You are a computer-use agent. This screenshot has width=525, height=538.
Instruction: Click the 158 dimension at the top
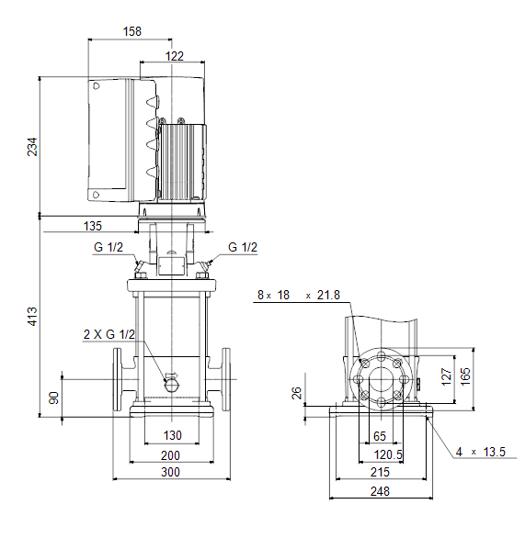pos(131,31)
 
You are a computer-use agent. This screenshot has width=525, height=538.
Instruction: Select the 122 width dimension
pos(174,56)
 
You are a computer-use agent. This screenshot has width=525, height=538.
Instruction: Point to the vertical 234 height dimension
pos(32,147)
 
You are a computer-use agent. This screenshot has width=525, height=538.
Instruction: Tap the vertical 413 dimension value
pos(32,317)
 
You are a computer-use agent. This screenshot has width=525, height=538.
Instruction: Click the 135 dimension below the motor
pos(93,226)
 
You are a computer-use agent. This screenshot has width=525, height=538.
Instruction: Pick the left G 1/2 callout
pos(108,247)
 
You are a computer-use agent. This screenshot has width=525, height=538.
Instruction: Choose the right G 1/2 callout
pos(243,247)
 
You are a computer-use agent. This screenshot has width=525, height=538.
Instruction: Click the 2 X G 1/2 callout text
pos(109,334)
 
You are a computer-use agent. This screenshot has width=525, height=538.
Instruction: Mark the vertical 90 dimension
pos(54,398)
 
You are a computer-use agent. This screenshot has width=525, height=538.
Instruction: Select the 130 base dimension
pos(172,435)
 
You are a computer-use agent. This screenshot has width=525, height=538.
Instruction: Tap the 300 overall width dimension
pos(170,472)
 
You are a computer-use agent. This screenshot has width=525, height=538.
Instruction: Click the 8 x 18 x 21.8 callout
pos(299,295)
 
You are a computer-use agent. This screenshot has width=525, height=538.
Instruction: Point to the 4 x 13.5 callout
pos(481,452)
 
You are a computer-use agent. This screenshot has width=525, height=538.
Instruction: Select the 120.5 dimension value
pos(388,455)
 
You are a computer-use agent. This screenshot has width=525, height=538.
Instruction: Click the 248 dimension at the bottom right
pos(380,492)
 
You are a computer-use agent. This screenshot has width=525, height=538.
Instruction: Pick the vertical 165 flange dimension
pos(465,376)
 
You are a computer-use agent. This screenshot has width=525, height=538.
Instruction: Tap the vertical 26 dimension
pos(296,393)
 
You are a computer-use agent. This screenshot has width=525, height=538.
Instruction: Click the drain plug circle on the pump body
pos(171,386)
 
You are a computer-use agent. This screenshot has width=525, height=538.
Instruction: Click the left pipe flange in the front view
pos(118,379)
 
